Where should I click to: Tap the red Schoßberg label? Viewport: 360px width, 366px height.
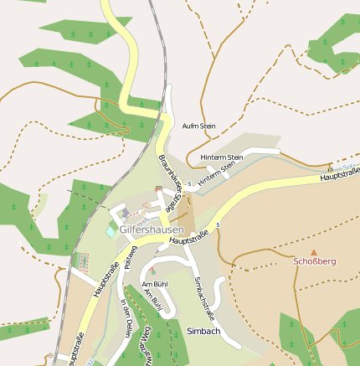tap(315, 261)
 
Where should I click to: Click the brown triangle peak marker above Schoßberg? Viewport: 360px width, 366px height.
tap(315, 251)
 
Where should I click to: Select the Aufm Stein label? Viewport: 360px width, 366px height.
tap(198, 126)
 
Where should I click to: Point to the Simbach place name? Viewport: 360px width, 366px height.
tap(203, 331)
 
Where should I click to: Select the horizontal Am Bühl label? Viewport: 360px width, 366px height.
tap(156, 285)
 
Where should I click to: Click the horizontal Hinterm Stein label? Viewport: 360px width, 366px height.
tap(222, 157)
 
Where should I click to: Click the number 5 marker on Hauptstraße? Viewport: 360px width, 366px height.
tap(217, 224)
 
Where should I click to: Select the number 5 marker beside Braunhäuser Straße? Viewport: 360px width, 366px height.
tap(190, 183)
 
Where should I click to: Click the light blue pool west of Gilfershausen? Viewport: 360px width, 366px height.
tap(112, 228)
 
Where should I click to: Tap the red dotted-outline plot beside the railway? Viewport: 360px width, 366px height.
tap(83, 261)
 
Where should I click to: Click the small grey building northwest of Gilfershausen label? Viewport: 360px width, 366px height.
tap(125, 214)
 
